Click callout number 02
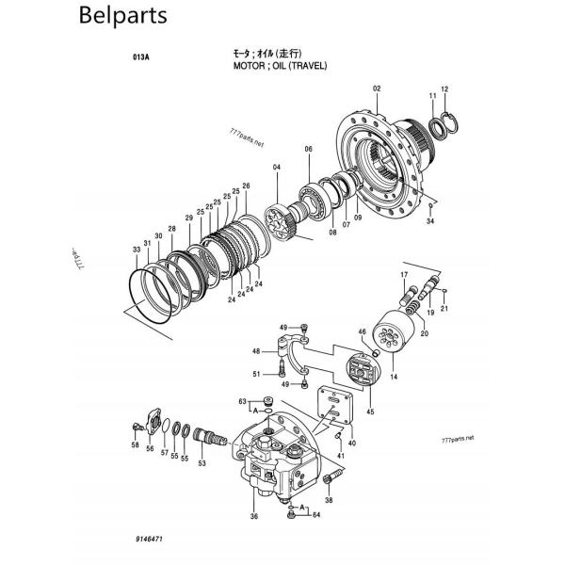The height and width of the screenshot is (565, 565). (x=377, y=89)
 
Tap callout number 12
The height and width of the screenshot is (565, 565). (x=445, y=89)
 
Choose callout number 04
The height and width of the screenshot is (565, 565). (x=277, y=168)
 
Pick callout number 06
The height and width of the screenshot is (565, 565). (x=308, y=150)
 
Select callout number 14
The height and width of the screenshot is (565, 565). (x=393, y=377)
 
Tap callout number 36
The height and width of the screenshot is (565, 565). (x=254, y=516)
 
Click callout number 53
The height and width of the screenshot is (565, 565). (x=202, y=461)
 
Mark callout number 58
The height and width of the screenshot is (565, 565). (x=135, y=444)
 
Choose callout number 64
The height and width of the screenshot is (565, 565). (x=316, y=515)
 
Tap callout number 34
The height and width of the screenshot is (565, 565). (x=430, y=221)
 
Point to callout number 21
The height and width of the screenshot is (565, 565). (x=444, y=308)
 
